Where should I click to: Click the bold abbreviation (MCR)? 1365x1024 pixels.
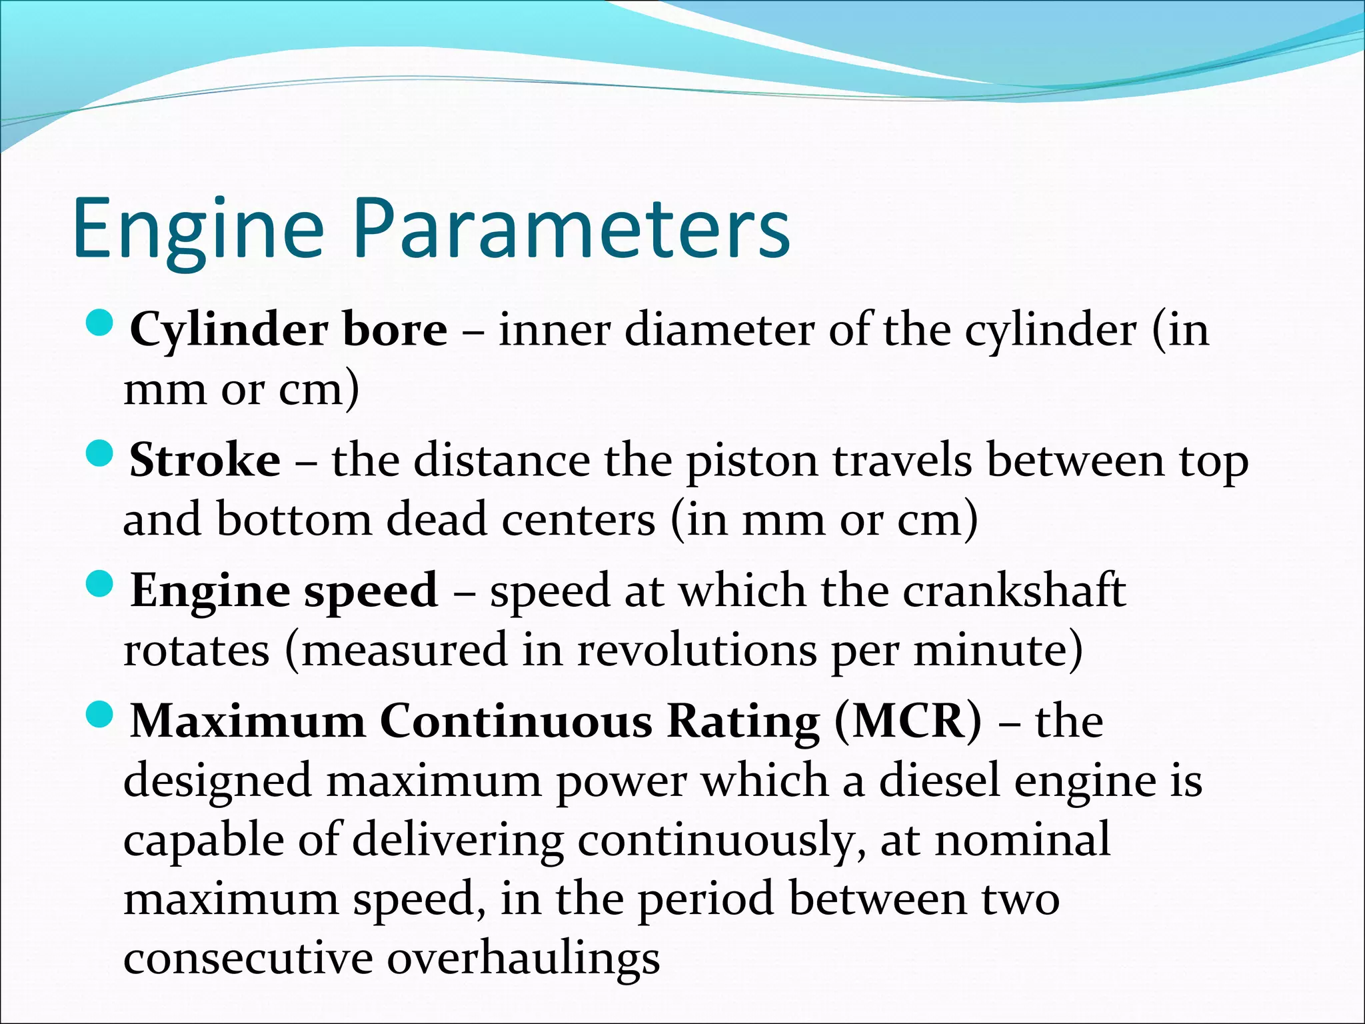pyautogui.click(x=908, y=721)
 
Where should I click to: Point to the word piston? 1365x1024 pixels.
pyautogui.click(x=752, y=461)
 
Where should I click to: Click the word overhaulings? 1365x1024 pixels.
pyautogui.click(x=524, y=959)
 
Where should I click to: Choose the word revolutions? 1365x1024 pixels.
pyautogui.click(x=696, y=650)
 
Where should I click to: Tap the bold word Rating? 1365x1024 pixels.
pyautogui.click(x=743, y=721)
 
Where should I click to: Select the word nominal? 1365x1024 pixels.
pyautogui.click(x=1022, y=839)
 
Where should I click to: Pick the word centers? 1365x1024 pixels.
pyautogui.click(x=578, y=519)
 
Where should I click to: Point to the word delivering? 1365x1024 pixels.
pyautogui.click(x=457, y=841)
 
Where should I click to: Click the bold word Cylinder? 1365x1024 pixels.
pyautogui.click(x=229, y=331)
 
